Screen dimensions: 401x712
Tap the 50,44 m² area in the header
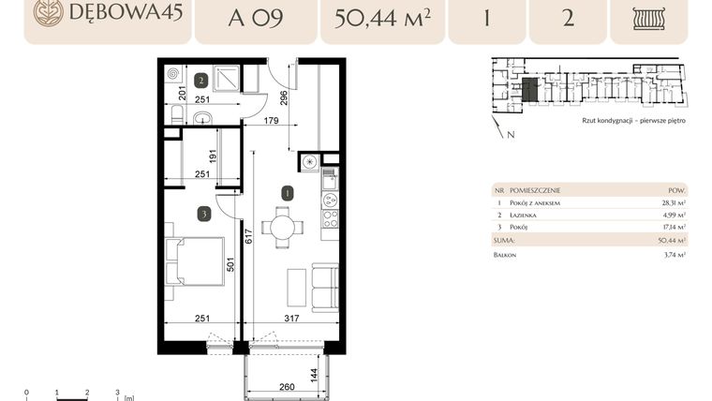coord(380,16)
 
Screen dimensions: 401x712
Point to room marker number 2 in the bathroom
coord(200,80)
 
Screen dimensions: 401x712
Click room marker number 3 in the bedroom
coord(203,214)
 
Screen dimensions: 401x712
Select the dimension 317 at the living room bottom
coord(291,319)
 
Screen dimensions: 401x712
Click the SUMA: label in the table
coord(507,239)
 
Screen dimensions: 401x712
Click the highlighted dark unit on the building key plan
coord(530,90)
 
